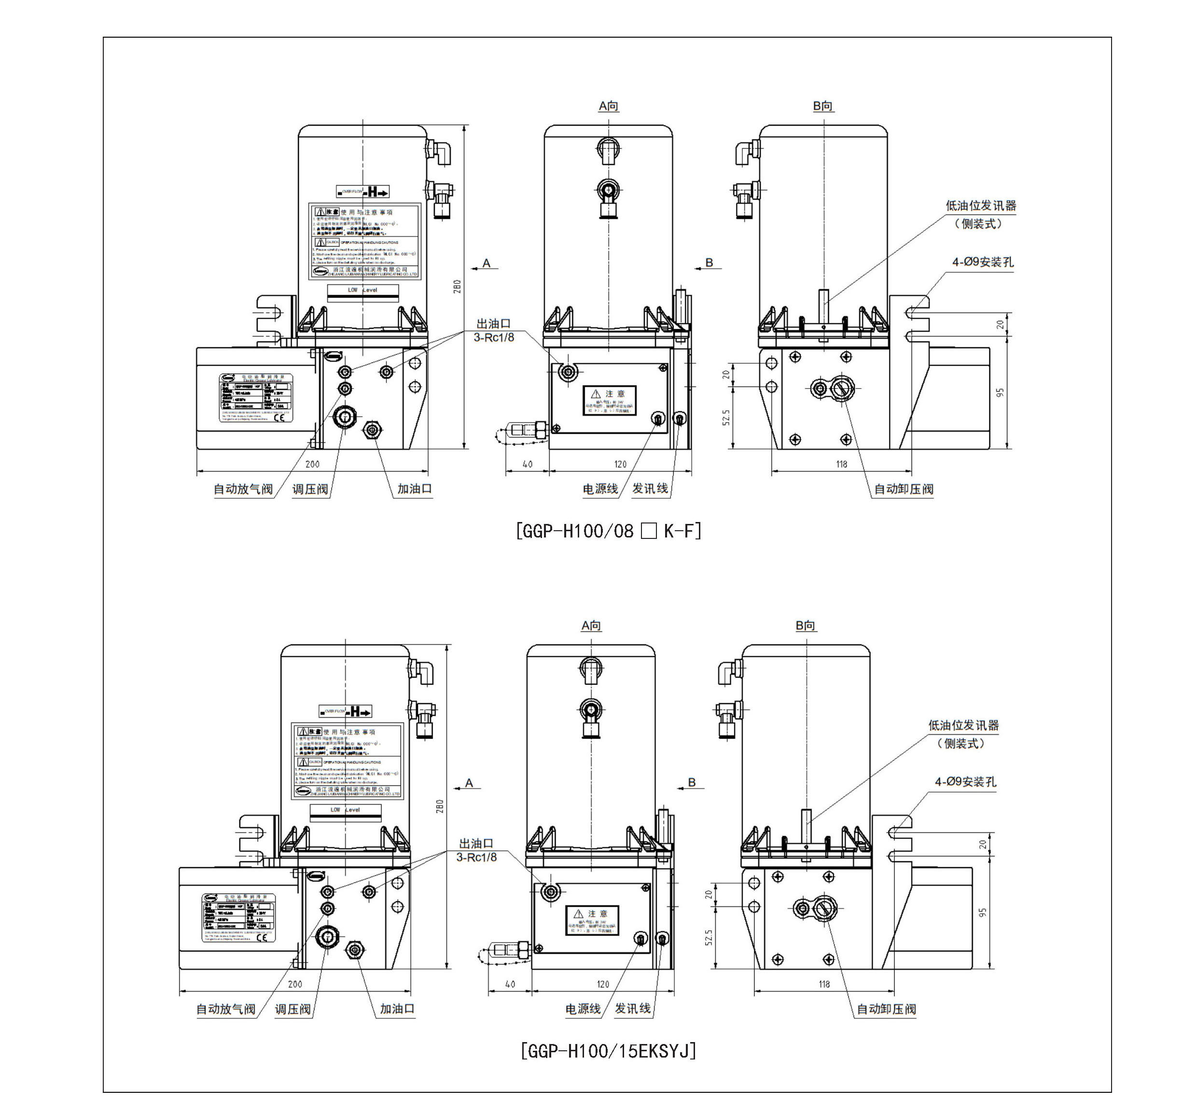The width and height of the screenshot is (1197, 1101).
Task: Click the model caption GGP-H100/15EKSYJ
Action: click(x=608, y=1050)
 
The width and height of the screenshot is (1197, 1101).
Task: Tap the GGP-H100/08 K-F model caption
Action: click(x=608, y=530)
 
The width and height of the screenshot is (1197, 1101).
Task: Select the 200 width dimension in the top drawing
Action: click(x=312, y=464)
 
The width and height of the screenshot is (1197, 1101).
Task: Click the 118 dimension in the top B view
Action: click(x=841, y=464)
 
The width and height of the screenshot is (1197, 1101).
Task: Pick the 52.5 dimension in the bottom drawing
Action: click(x=709, y=938)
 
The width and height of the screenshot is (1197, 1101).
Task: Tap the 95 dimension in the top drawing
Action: click(x=1000, y=393)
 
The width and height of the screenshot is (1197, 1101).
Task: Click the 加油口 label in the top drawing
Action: click(x=415, y=489)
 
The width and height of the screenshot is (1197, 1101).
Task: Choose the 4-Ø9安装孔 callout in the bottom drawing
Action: click(x=965, y=782)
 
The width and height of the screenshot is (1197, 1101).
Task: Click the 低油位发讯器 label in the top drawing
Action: click(x=981, y=206)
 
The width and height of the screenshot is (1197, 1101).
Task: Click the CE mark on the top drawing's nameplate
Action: click(x=280, y=417)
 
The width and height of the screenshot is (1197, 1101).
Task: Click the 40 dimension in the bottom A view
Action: click(x=510, y=984)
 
